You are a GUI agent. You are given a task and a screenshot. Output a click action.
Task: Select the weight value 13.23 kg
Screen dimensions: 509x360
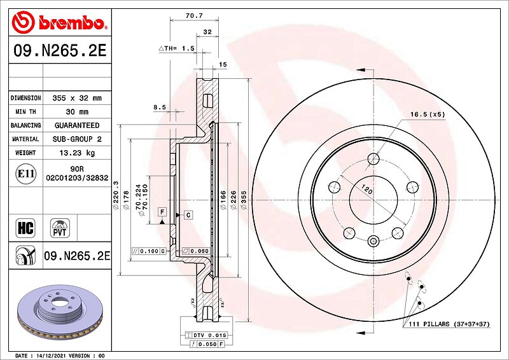[77, 153]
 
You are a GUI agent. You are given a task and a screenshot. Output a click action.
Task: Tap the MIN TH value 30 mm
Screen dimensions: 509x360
[77, 112]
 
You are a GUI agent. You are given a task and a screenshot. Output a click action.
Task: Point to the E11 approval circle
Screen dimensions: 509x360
[26, 174]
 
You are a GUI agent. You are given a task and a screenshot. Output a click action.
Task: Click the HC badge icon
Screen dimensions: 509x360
[25, 228]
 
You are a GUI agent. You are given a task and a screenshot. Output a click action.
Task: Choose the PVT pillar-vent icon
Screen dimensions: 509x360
[60, 228]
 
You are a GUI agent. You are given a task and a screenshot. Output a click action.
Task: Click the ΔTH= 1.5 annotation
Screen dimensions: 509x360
[177, 48]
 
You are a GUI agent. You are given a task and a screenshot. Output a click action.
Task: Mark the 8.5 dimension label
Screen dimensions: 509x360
[160, 107]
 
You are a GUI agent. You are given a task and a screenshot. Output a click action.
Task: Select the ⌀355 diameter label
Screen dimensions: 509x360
[244, 200]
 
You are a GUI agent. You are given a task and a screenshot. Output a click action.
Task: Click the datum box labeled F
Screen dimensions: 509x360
[162, 212]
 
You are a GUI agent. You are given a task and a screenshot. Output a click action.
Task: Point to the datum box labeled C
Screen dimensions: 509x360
[188, 215]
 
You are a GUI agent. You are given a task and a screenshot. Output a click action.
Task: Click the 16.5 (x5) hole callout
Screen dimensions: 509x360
[428, 114]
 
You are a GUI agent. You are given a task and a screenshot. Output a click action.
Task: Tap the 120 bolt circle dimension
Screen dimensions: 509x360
[367, 189]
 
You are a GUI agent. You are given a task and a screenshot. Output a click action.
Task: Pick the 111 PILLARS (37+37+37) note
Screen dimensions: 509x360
[449, 324]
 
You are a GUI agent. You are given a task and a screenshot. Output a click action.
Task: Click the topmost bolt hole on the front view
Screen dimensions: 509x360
[373, 159]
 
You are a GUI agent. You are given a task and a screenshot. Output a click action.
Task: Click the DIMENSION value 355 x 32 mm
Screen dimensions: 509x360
[77, 98]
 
